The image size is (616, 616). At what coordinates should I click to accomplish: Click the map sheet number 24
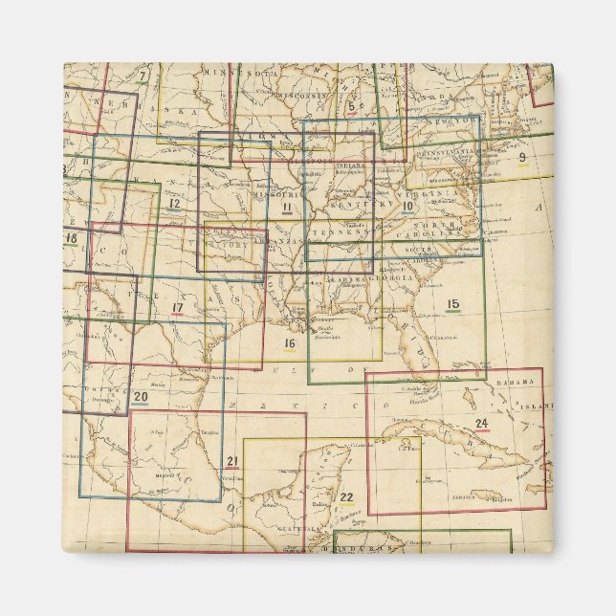(x=481, y=423)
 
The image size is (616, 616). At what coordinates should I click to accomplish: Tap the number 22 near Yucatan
(x=346, y=495)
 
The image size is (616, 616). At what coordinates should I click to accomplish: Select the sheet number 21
(x=231, y=462)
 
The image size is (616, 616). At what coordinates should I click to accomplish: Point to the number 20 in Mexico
(x=140, y=396)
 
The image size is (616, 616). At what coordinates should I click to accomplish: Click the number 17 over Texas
(x=177, y=307)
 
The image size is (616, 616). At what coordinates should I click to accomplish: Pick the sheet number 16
(x=289, y=342)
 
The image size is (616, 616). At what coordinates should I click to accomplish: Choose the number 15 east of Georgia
(x=452, y=304)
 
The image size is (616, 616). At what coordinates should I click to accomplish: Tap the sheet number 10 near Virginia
(x=407, y=205)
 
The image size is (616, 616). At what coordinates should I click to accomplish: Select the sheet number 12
(x=173, y=203)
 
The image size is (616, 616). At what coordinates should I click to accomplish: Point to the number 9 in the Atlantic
(x=522, y=157)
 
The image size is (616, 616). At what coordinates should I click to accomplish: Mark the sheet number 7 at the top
(x=142, y=76)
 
